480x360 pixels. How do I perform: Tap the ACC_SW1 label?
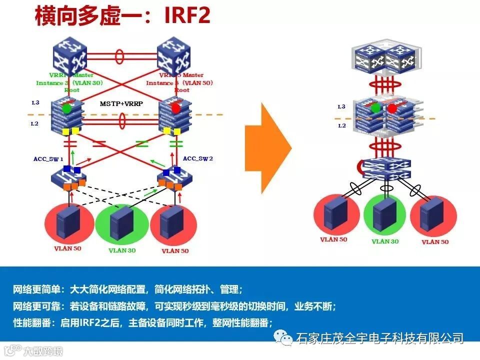[x=48, y=159]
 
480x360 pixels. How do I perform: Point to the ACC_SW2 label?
[x=198, y=158]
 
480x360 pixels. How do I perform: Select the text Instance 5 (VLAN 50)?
[x=179, y=83]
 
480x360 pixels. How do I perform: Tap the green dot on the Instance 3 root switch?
[x=66, y=108]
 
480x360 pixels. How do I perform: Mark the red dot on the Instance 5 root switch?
[x=175, y=108]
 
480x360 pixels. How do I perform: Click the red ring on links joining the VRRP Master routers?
[x=120, y=53]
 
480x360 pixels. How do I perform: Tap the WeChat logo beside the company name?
[x=287, y=338]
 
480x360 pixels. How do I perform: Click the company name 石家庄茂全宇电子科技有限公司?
[x=380, y=338]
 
